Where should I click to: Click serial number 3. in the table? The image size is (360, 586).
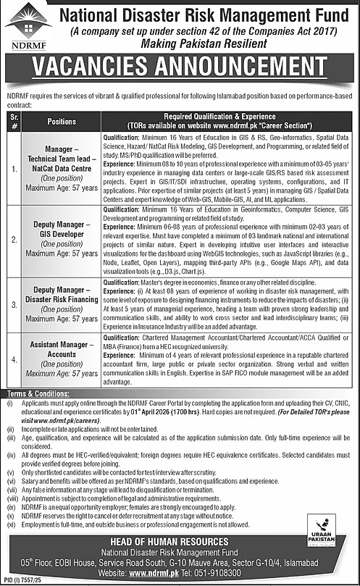pyautogui.click(x=12, y=297)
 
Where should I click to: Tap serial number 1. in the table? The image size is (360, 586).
pyautogui.click(x=12, y=170)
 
